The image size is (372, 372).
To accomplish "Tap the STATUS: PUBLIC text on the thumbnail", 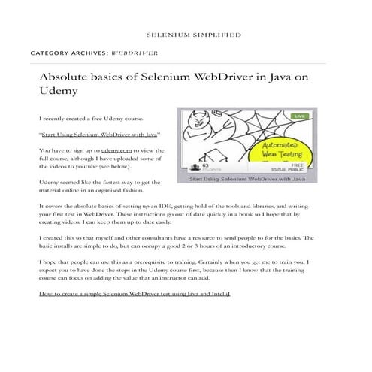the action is pyautogui.click(x=291, y=171).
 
